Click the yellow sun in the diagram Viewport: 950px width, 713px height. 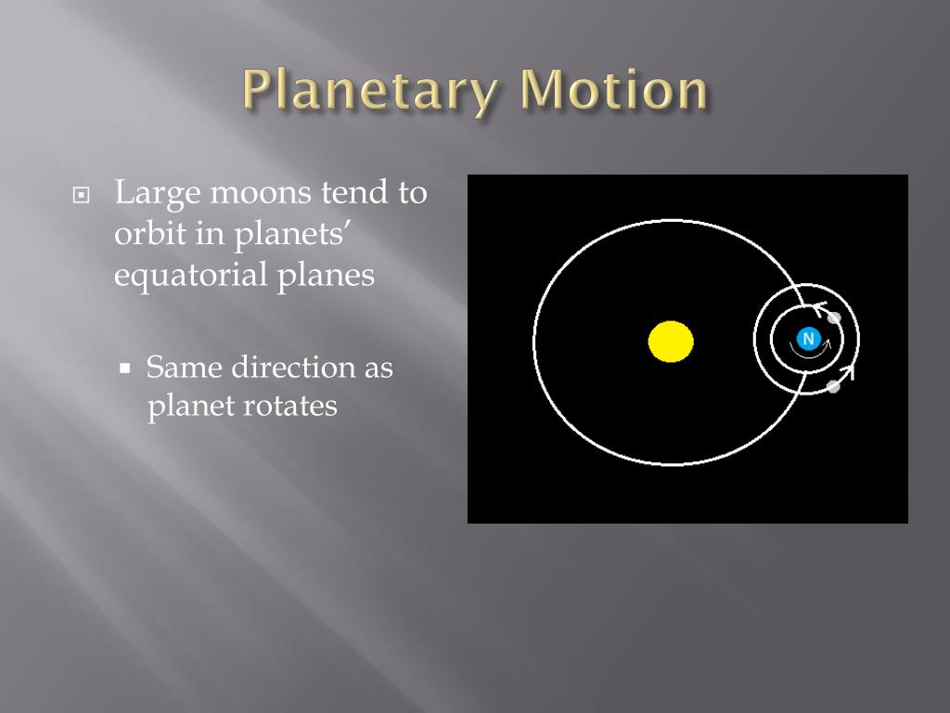point(671,341)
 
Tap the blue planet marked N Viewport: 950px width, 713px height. point(808,339)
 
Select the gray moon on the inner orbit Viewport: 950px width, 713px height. point(834,318)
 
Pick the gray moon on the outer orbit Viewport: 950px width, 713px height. point(833,386)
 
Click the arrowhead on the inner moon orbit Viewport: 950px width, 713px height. point(819,308)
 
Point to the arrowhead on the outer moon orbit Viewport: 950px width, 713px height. point(847,371)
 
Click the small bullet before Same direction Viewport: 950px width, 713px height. point(126,369)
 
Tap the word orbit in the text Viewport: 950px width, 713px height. point(148,234)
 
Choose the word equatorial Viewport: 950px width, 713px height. point(190,276)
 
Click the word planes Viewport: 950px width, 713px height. point(325,276)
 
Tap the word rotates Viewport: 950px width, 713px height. point(291,406)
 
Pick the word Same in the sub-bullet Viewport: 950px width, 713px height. point(185,368)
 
